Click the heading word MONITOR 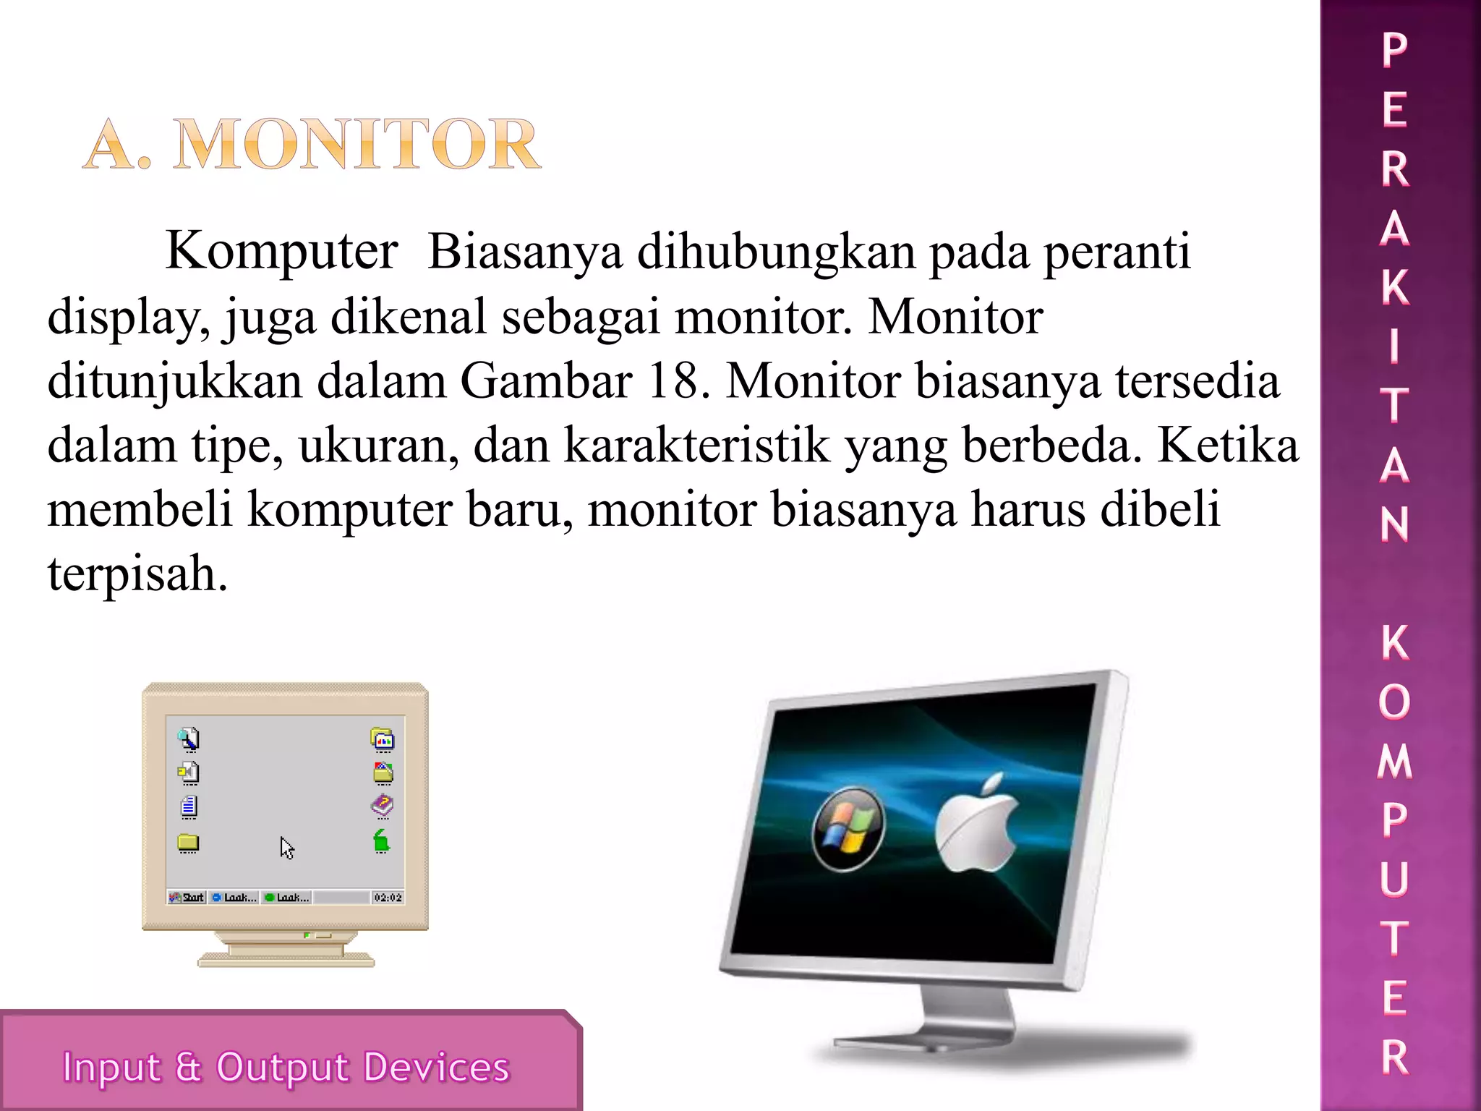click(357, 145)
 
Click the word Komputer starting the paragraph click(281, 251)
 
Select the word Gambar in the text click(546, 380)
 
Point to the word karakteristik click(696, 445)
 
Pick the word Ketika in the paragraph click(1227, 445)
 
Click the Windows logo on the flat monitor click(848, 828)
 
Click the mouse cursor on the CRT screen click(287, 848)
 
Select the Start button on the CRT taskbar click(187, 898)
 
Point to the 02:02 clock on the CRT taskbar click(388, 898)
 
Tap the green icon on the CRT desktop click(382, 841)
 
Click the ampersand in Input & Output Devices click(188, 1066)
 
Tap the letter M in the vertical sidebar click(1395, 762)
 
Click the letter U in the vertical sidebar click(1395, 879)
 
